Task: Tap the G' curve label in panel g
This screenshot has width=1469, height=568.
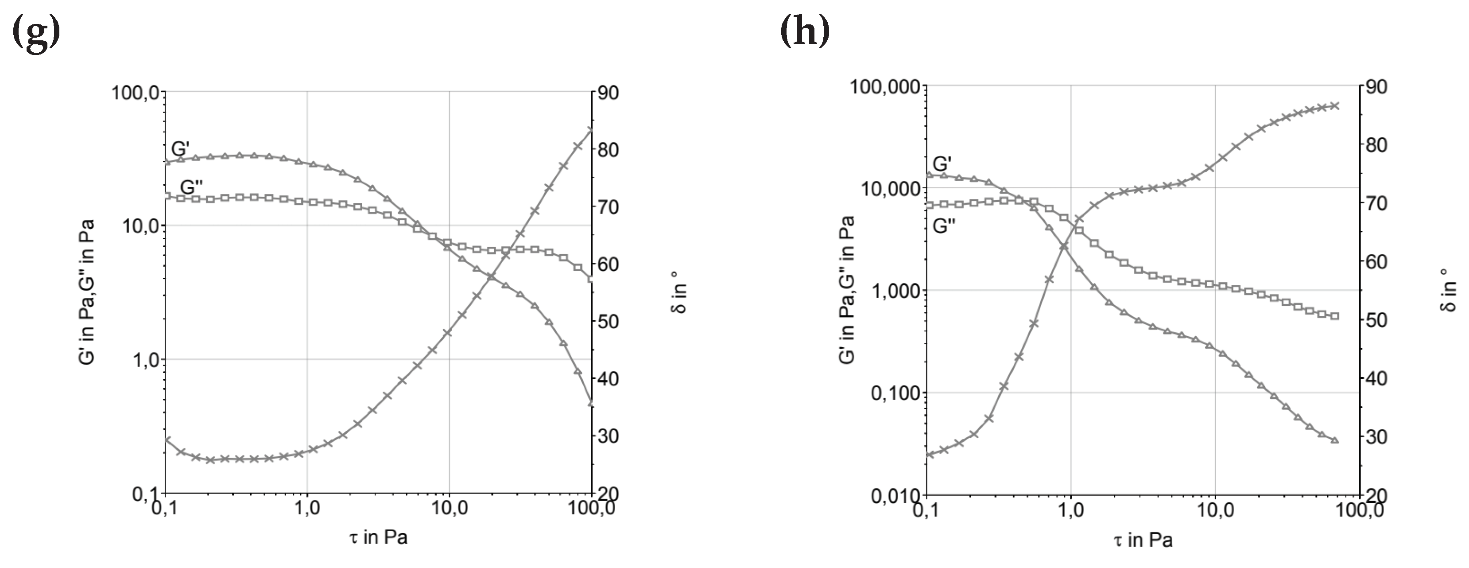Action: [180, 149]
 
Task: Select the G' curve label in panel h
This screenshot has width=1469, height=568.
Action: [942, 163]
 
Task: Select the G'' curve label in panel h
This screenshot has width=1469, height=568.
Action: [944, 226]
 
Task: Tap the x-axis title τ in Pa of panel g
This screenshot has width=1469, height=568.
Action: [378, 537]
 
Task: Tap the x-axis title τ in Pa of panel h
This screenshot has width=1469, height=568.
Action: [1143, 540]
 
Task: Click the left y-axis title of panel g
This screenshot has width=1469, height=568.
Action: [87, 292]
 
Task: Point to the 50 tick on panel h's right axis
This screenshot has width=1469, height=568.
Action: [1376, 320]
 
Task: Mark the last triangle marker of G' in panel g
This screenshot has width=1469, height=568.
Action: [591, 403]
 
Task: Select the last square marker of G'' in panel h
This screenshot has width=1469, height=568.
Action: [1334, 316]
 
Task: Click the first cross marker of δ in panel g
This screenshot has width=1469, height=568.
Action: [167, 440]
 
